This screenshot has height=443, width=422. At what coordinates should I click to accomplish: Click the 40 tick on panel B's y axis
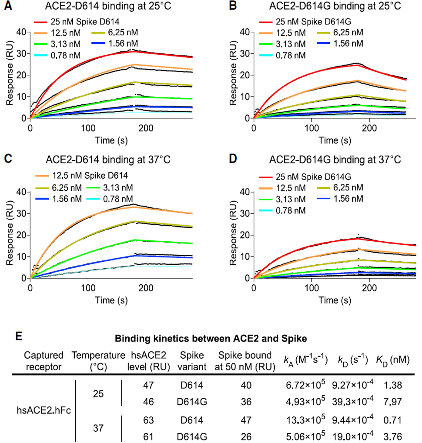tap(245, 32)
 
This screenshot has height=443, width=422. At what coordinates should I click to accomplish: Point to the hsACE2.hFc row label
tap(39, 410)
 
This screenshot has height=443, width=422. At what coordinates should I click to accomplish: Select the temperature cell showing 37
tap(98, 428)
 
